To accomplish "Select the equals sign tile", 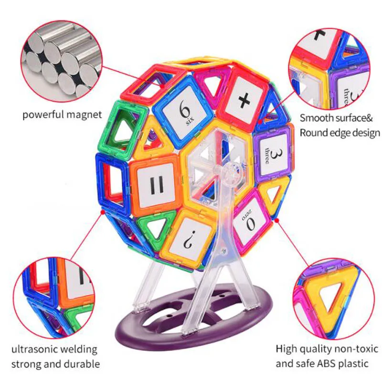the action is [x=156, y=184].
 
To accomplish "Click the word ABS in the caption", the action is [x=327, y=363].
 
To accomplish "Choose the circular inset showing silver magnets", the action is [x=62, y=61].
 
